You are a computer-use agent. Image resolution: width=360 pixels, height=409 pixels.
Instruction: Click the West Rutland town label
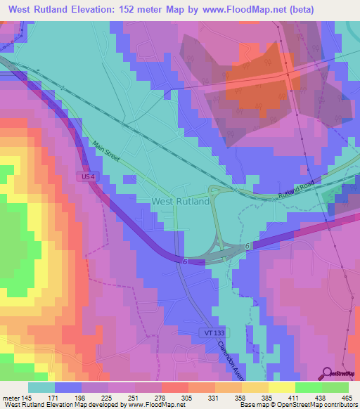180,201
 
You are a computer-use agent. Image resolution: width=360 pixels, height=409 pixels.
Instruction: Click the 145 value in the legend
22,397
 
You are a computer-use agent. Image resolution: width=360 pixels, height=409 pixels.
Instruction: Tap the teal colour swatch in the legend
42,387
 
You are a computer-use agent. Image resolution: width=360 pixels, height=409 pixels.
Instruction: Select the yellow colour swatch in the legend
281,387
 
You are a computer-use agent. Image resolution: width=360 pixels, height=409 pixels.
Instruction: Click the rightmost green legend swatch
335,387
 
